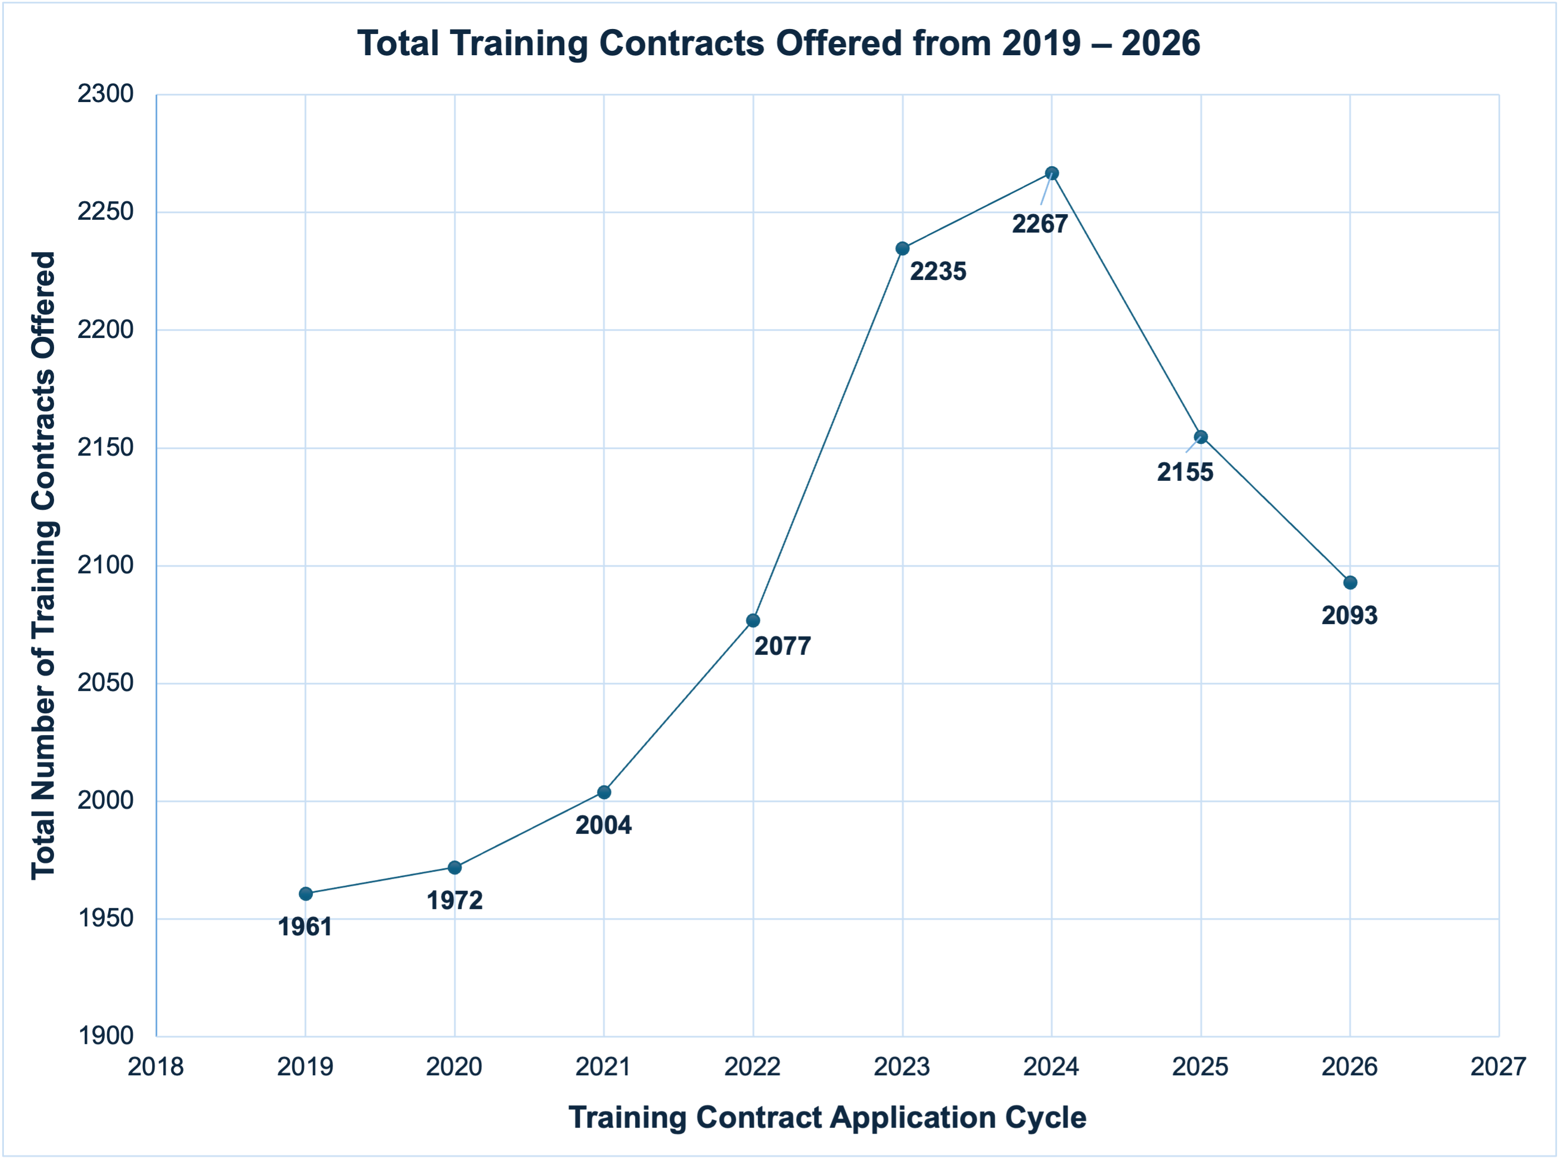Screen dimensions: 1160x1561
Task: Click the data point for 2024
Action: [1051, 173]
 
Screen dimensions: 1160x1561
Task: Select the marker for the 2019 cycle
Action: [306, 894]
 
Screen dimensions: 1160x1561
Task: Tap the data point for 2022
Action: [753, 621]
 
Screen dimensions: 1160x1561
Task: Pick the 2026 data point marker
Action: [1350, 583]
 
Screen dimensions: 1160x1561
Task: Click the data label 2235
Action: [938, 272]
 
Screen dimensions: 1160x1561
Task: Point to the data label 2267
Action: [1040, 225]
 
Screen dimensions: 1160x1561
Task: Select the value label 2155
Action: [1185, 472]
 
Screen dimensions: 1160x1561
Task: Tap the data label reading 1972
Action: [455, 901]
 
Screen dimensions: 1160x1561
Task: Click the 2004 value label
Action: [604, 826]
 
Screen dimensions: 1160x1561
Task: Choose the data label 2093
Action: [1349, 616]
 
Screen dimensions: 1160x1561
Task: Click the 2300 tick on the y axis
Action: [105, 94]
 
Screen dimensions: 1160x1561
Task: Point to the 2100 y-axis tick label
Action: [105, 565]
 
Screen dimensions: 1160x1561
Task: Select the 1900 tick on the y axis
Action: [105, 1036]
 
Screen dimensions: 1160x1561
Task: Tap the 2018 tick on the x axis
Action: [156, 1067]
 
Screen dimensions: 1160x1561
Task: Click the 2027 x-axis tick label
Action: [1498, 1067]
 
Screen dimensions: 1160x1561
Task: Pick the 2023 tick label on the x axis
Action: [902, 1067]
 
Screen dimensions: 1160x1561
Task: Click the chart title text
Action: [778, 43]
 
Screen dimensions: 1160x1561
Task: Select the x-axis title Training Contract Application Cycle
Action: [827, 1118]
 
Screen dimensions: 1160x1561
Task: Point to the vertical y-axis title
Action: [43, 565]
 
